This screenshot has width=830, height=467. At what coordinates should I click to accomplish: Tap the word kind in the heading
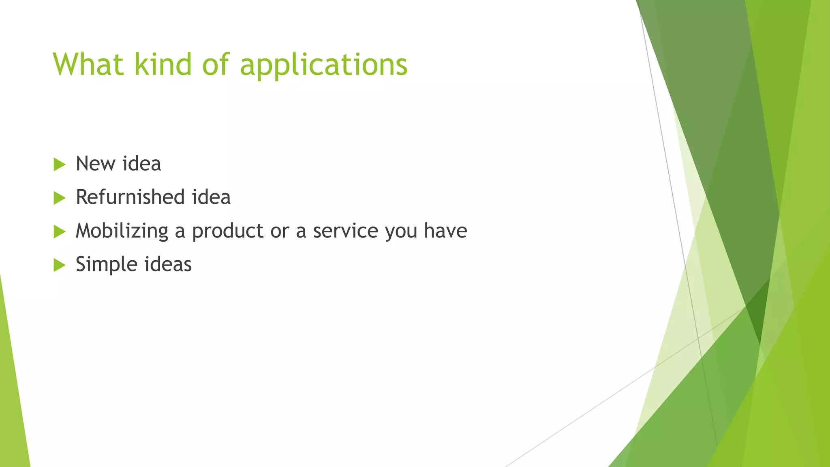coord(163,64)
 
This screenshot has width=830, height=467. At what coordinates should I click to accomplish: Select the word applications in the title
coord(323,65)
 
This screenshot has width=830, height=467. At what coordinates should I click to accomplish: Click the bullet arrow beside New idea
coord(59,165)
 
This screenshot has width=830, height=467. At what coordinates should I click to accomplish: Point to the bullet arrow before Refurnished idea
coord(59,198)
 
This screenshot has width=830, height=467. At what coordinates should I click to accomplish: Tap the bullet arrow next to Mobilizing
coord(59,232)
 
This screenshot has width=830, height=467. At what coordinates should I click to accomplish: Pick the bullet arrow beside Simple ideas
coord(59,266)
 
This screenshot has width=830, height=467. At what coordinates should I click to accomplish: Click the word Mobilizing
coord(122,231)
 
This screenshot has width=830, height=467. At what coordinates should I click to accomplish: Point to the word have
coord(445,231)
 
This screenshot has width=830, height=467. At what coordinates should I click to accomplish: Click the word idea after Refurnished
coord(211,197)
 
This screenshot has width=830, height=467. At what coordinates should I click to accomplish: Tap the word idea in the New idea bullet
coord(141,164)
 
